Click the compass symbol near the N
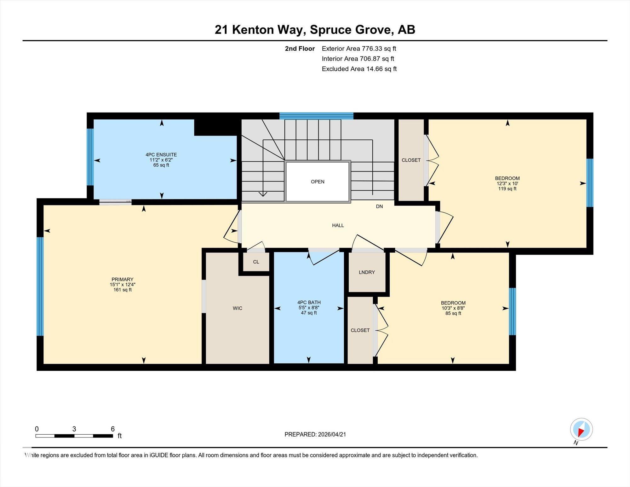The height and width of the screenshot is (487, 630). tap(581, 429)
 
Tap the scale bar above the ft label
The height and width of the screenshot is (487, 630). tap(74, 436)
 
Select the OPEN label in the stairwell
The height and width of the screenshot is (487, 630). tap(318, 182)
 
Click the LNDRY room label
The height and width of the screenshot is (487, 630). tap(367, 272)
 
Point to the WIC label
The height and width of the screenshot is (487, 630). tap(238, 308)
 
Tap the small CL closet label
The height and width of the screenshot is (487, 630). tap(256, 262)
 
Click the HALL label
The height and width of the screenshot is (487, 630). tap(338, 225)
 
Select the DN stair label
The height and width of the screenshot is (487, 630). tap(379, 206)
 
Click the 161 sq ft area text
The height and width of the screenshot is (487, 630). tap(123, 290)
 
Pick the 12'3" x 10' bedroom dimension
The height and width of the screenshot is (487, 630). tap(507, 183)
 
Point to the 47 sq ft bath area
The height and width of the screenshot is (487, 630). tap(309, 313)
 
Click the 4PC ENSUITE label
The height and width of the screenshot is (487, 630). tap(161, 155)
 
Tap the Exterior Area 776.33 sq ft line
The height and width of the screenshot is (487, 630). tap(359, 49)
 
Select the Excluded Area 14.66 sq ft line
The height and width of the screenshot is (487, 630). tap(359, 69)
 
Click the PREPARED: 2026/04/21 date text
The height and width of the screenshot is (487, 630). tap(315, 434)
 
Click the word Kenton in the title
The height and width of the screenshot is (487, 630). tap(253, 30)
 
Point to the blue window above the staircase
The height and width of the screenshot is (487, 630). tap(316, 116)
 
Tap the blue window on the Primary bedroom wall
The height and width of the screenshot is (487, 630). tap(40, 286)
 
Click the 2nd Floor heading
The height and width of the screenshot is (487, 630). tap(300, 49)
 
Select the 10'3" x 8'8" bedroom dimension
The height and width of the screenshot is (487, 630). tap(453, 308)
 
